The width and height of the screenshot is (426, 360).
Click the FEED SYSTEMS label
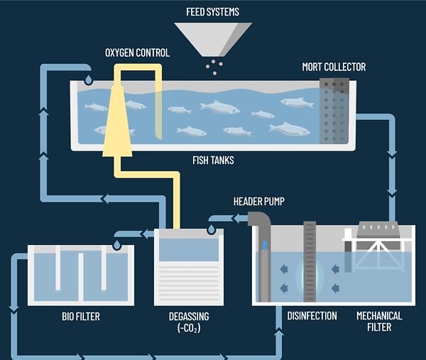(213, 11)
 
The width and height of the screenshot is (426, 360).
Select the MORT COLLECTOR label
(334, 67)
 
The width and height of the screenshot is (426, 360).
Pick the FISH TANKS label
(212, 160)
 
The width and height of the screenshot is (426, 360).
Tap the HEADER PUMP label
(258, 202)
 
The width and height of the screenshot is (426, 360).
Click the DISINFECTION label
(312, 315)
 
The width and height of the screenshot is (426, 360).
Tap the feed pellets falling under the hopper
(212, 66)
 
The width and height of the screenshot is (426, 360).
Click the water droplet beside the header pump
(212, 228)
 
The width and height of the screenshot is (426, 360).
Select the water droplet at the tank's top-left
(88, 80)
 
